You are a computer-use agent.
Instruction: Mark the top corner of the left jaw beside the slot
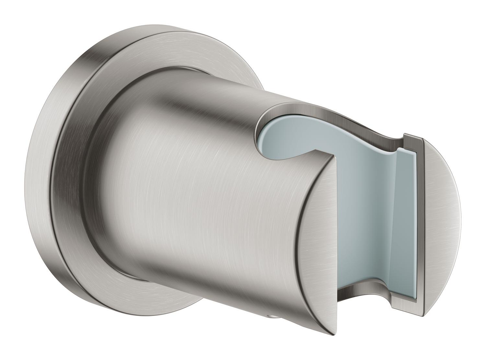334,155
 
